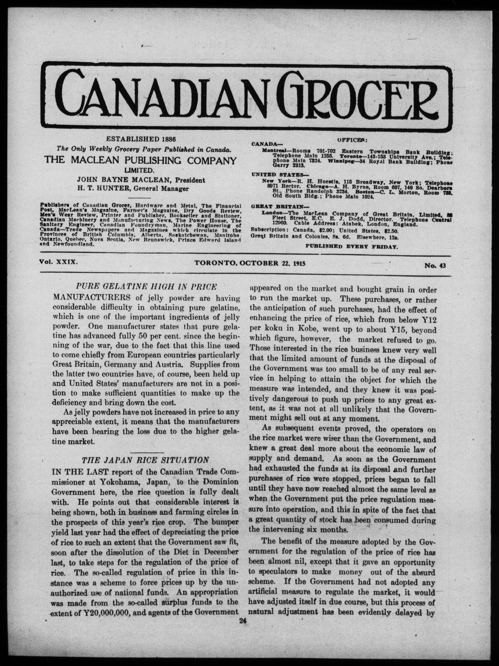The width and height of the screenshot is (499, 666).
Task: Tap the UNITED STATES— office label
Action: pyautogui.click(x=277, y=175)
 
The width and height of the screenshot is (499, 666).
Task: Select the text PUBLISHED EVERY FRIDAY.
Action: pyautogui.click(x=352, y=246)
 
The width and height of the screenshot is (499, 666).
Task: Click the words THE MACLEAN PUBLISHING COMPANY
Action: pyautogui.click(x=140, y=160)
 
